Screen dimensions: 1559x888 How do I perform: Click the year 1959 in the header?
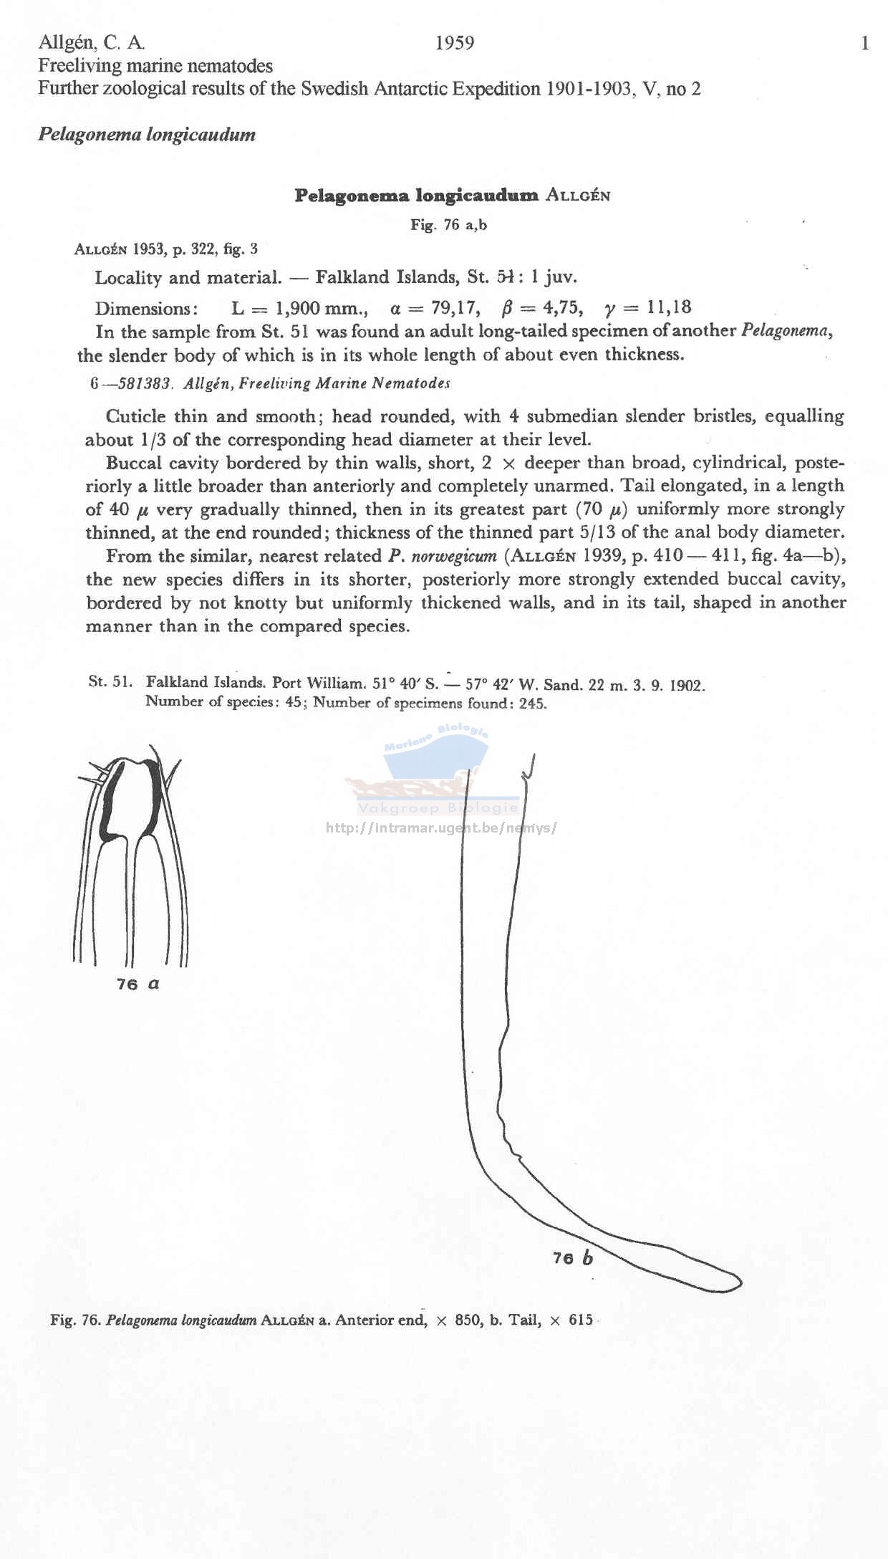[455, 44]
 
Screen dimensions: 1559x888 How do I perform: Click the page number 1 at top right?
[865, 44]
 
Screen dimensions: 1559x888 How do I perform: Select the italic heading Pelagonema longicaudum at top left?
[147, 135]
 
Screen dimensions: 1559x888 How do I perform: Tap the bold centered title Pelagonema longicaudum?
[416, 196]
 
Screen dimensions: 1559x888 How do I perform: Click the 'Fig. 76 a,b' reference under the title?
[449, 225]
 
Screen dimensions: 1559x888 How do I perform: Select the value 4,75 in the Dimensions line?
[562, 308]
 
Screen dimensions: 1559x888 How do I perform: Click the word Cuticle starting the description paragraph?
[136, 416]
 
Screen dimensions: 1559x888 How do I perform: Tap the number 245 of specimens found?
[533, 704]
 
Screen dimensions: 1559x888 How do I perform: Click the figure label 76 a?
[138, 984]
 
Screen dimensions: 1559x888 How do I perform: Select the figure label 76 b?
[573, 1258]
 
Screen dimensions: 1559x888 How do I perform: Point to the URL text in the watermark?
[440, 828]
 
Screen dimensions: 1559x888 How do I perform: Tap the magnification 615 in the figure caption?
[581, 1320]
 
